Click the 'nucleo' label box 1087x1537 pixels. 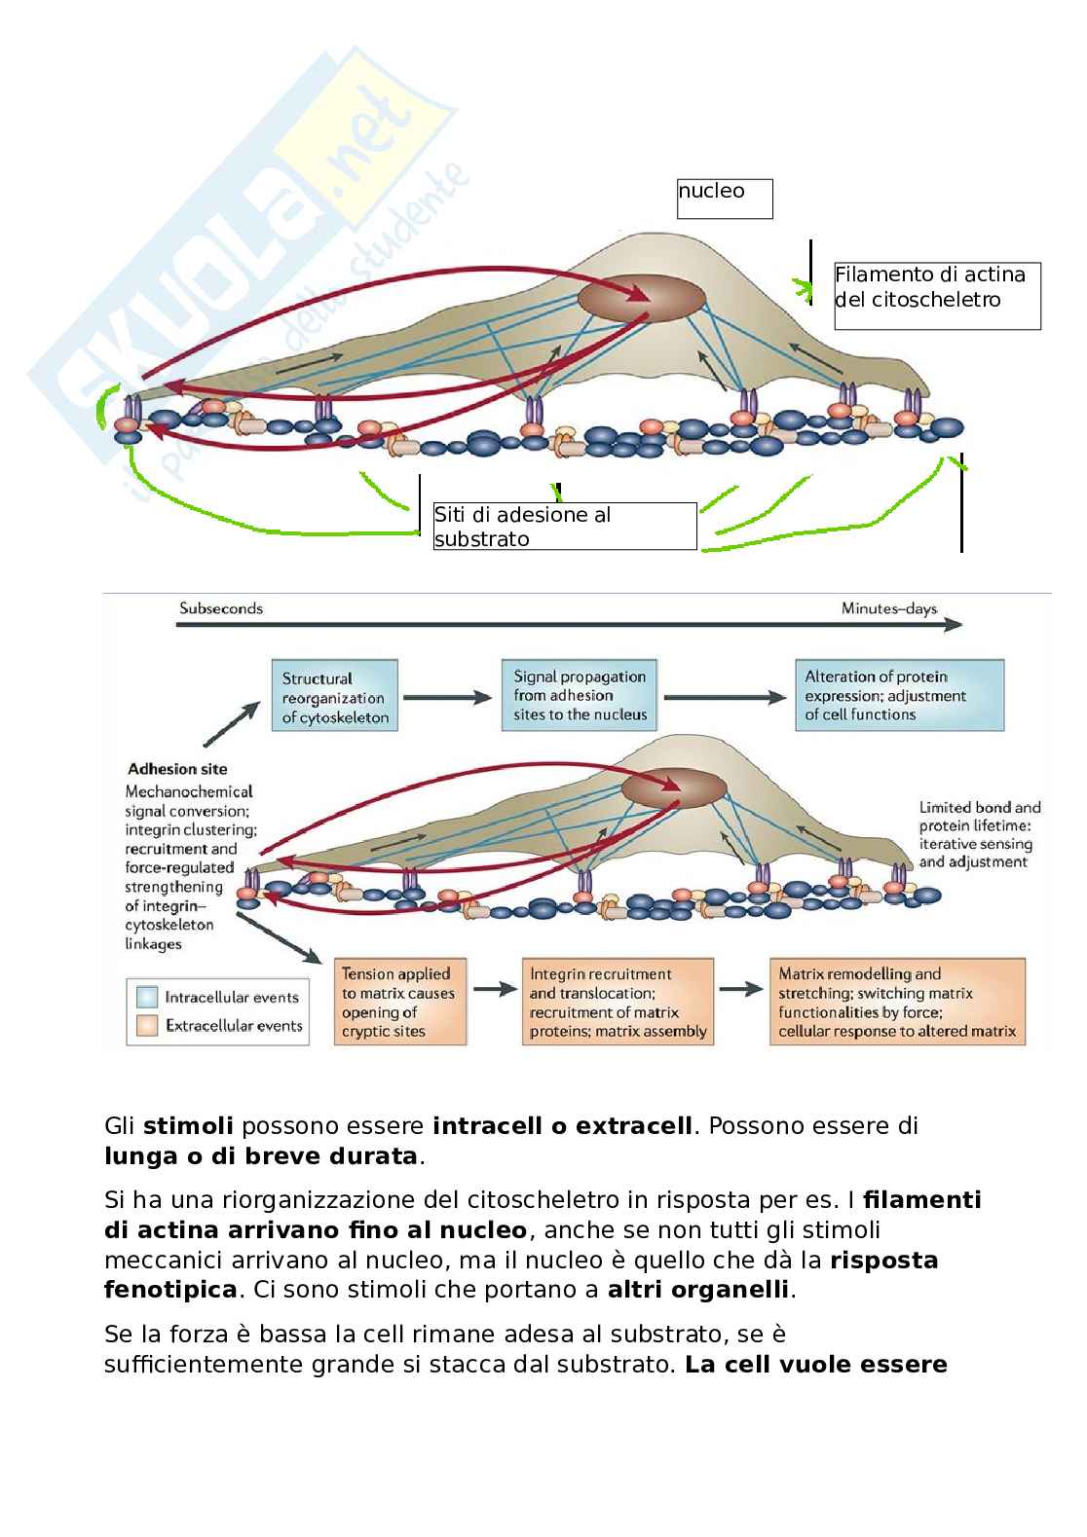[x=725, y=199]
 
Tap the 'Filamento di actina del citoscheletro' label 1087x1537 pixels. [x=937, y=295]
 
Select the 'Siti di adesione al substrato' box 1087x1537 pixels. [x=565, y=527]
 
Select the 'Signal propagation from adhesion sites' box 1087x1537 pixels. [x=581, y=695]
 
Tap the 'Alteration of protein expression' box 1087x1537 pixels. [x=899, y=695]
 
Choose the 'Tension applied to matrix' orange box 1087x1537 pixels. [x=399, y=1002]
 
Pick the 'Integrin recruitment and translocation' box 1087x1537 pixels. [x=618, y=1002]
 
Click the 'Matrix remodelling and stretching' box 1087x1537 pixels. [x=897, y=1002]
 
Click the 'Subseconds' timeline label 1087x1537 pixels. [x=221, y=608]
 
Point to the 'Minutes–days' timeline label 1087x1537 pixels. [x=888, y=609]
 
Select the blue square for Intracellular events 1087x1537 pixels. [x=148, y=997]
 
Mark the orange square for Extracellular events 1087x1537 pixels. [x=148, y=1025]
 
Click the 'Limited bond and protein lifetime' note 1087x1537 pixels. [x=979, y=834]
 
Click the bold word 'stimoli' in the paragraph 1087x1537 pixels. [x=188, y=1126]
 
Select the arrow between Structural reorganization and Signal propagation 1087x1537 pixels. [x=449, y=697]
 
